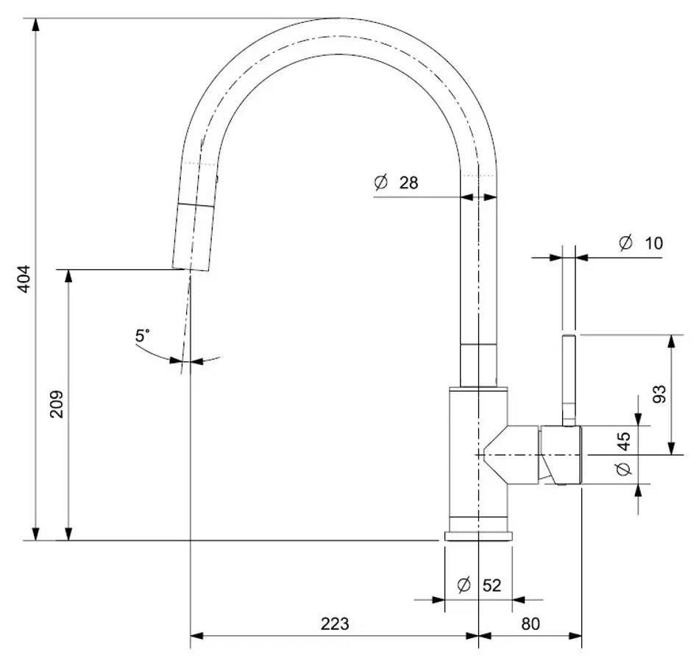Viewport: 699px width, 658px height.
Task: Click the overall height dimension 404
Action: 23,279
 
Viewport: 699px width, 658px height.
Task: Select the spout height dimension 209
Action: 57,403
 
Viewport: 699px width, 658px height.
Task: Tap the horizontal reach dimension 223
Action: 335,624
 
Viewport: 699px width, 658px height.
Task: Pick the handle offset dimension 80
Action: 530,624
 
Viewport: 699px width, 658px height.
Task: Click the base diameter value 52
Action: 492,586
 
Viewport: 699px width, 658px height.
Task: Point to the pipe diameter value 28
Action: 408,183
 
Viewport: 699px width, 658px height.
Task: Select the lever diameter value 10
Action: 653,243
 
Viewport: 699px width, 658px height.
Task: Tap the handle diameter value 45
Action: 624,441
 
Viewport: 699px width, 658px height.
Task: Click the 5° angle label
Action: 142,336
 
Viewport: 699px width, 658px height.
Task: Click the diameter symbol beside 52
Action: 464,586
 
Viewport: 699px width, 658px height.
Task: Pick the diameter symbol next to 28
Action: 380,183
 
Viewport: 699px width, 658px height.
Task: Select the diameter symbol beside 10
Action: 625,243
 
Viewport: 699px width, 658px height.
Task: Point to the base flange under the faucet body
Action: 478,535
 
